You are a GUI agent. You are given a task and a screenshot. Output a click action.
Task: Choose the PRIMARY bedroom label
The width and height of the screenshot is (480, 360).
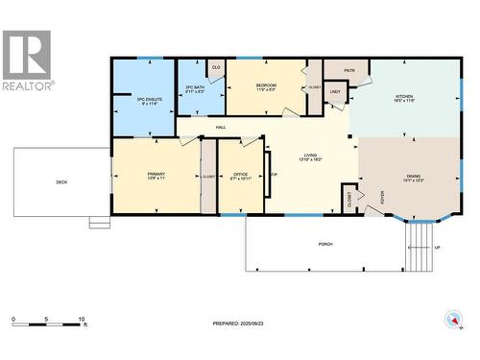[156, 176]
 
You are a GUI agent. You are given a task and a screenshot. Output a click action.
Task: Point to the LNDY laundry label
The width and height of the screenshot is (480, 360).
[335, 92]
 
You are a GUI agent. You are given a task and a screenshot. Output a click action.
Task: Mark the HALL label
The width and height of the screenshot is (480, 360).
[221, 128]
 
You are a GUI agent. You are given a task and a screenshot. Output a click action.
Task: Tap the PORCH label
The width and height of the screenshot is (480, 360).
[325, 244]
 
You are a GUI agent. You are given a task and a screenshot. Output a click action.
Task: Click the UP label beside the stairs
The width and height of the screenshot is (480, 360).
[439, 247]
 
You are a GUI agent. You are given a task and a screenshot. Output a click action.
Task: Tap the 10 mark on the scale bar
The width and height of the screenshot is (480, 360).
[83, 319]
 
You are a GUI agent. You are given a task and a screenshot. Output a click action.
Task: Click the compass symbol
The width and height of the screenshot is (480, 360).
[451, 320]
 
